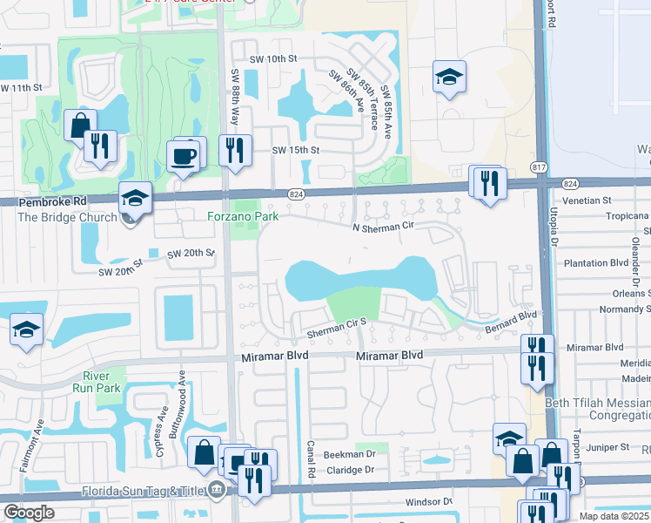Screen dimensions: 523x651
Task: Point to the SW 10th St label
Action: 272,58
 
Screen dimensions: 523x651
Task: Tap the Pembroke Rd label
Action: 42,201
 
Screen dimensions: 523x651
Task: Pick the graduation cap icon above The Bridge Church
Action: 135,199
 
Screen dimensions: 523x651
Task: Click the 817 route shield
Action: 539,167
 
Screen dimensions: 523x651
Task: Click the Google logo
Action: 29,513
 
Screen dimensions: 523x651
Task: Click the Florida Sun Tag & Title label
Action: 144,490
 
